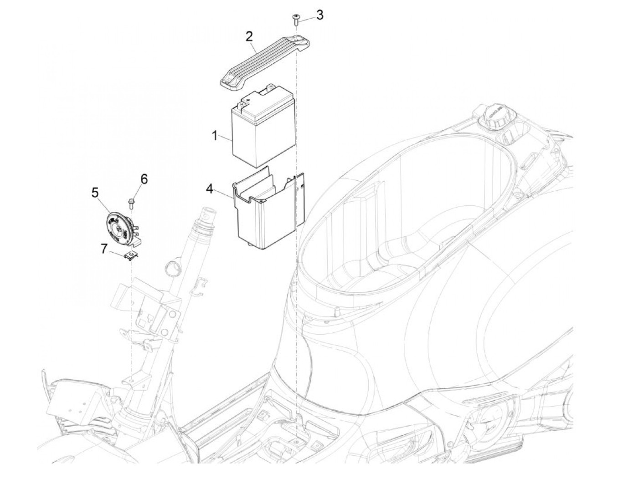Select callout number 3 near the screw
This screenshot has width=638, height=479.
(320, 15)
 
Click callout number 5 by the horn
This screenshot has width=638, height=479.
(95, 193)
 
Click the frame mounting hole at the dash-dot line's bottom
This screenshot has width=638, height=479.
(297, 442)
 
